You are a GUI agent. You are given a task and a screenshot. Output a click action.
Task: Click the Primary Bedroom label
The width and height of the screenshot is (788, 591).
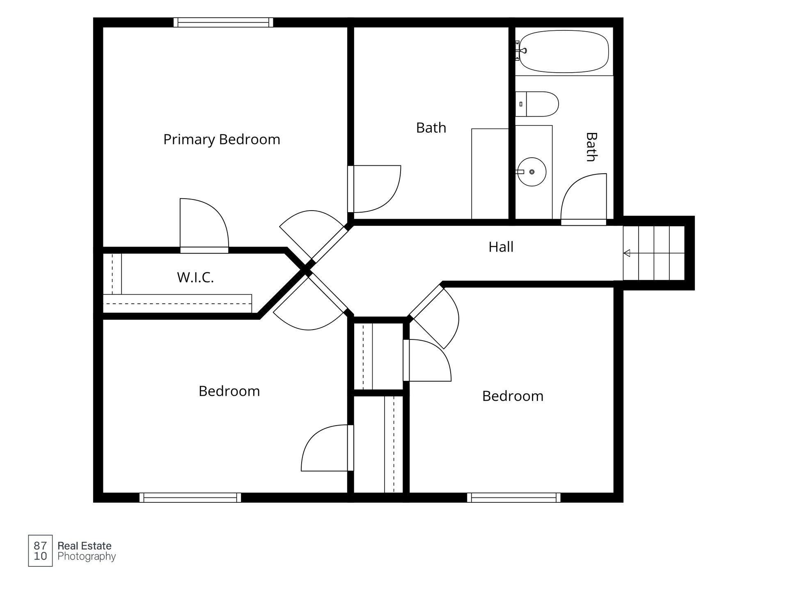click(222, 140)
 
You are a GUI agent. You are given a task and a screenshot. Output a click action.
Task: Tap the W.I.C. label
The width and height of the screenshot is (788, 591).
click(195, 277)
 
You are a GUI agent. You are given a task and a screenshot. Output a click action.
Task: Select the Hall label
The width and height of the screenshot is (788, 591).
click(501, 247)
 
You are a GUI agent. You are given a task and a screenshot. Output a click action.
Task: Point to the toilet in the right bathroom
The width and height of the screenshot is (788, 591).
click(537, 104)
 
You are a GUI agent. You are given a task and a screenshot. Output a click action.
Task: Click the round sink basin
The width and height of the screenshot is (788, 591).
click(532, 172)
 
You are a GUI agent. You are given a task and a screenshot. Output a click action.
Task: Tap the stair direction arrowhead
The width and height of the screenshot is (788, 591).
click(627, 253)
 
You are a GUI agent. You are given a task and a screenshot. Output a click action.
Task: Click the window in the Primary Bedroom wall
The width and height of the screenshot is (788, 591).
click(223, 22)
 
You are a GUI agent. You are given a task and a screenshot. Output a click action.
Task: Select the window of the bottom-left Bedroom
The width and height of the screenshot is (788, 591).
click(190, 497)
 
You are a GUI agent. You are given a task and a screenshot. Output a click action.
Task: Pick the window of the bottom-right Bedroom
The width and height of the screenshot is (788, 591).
click(513, 497)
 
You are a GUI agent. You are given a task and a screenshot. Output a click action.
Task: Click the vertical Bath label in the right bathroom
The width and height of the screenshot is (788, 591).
click(591, 147)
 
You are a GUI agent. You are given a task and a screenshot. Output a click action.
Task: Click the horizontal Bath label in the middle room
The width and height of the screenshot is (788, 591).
click(431, 128)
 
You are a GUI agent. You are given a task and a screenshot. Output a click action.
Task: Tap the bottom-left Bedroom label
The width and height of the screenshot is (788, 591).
click(229, 391)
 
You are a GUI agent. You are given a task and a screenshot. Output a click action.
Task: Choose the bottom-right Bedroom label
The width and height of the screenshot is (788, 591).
click(513, 396)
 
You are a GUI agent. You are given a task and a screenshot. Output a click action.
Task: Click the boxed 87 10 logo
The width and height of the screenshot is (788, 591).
click(40, 551)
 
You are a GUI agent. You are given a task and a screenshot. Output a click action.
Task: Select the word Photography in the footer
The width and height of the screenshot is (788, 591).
click(87, 557)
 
